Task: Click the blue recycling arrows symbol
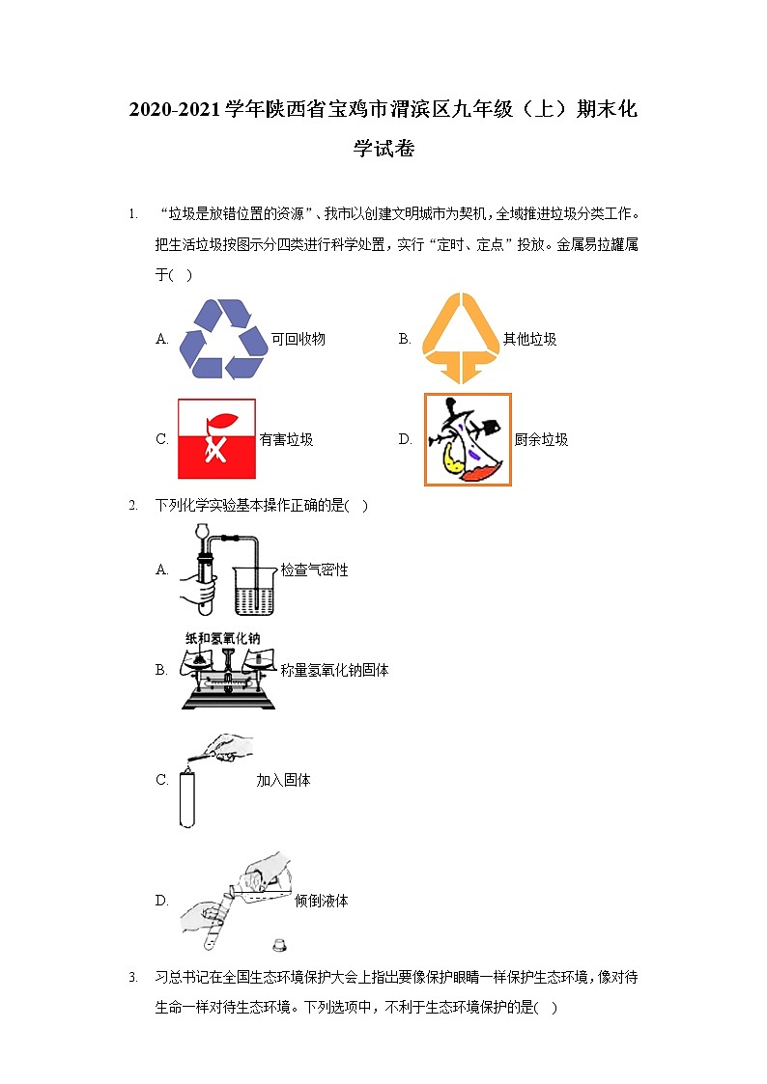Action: pyautogui.click(x=223, y=338)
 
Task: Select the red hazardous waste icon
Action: pyautogui.click(x=216, y=439)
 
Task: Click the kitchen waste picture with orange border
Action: pyautogui.click(x=468, y=439)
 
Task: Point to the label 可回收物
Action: pyautogui.click(x=298, y=339)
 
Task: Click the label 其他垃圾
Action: pyautogui.click(x=529, y=339)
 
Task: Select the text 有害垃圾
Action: pyautogui.click(x=286, y=439)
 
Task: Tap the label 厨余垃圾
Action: pyautogui.click(x=541, y=439)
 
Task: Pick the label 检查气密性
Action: pyautogui.click(x=314, y=570)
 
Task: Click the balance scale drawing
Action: pyautogui.click(x=228, y=676)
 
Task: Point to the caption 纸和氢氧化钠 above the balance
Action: pyautogui.click(x=222, y=638)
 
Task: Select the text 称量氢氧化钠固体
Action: pyautogui.click(x=334, y=670)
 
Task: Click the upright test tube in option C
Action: pyautogui.click(x=186, y=798)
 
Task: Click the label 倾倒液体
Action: pyautogui.click(x=322, y=901)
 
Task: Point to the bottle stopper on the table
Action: pyautogui.click(x=281, y=940)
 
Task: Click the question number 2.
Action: pyautogui.click(x=133, y=505)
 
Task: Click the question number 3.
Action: pyautogui.click(x=133, y=978)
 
